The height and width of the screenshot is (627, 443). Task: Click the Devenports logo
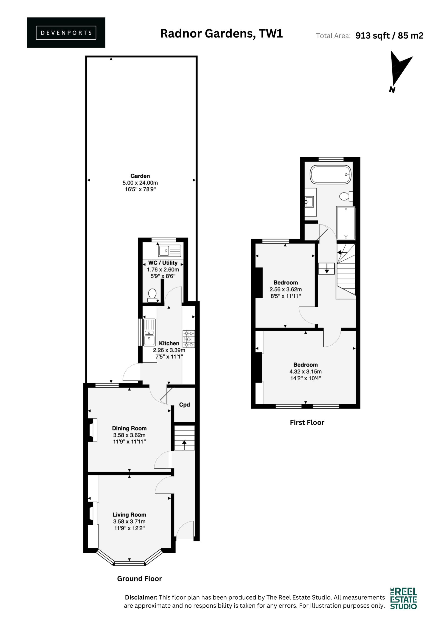66,33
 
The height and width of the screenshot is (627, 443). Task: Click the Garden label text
140,176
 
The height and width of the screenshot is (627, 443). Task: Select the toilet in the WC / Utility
152,295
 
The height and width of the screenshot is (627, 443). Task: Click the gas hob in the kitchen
189,339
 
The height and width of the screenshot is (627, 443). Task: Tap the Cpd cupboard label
185,404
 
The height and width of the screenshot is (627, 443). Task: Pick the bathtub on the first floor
331,174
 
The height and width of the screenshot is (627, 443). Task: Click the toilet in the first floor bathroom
346,196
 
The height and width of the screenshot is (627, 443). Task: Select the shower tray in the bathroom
346,223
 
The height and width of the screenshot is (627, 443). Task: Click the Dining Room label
129,428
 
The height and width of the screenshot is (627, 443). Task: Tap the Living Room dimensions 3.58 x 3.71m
129,521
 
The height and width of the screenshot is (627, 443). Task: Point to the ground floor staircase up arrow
184,445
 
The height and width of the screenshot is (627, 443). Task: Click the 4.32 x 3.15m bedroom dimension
305,371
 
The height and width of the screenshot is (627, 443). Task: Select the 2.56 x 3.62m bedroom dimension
286,289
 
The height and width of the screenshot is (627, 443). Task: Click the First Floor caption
307,422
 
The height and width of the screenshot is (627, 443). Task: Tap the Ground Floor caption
140,579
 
